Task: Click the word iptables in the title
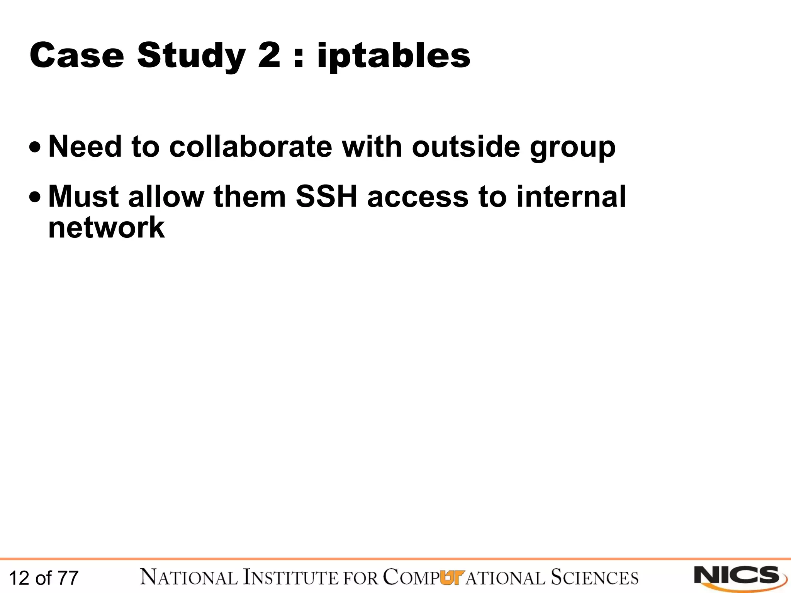[394, 56]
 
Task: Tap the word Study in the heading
[191, 56]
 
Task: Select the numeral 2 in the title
[269, 56]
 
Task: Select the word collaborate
[250, 147]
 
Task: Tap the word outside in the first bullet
[466, 147]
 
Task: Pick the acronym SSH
[326, 197]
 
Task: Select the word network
[106, 227]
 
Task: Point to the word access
[418, 198]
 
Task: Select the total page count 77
[68, 578]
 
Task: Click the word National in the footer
[189, 578]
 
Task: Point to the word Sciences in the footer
[594, 578]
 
